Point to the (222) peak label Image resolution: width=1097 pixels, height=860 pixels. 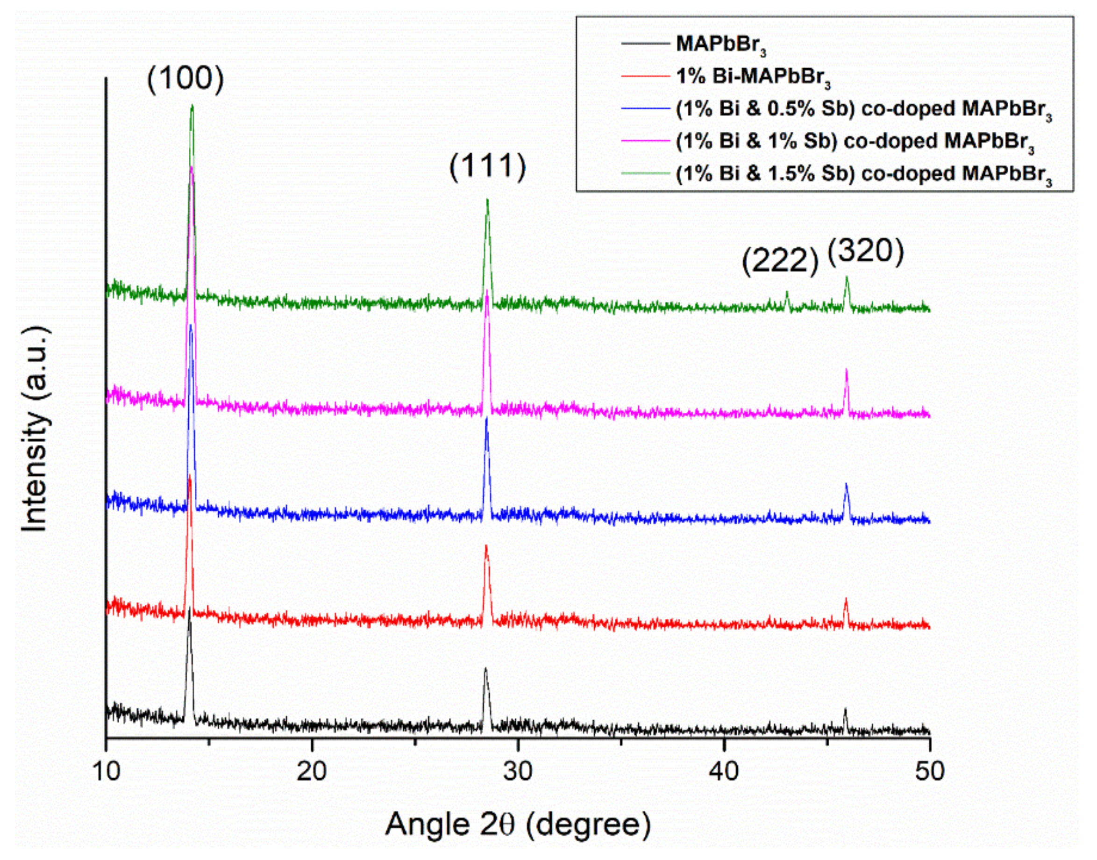point(780,262)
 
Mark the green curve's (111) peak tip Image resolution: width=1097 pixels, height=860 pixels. point(487,200)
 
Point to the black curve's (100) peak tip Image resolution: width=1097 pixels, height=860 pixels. point(189,609)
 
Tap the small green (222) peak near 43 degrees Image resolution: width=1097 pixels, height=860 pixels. point(787,292)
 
